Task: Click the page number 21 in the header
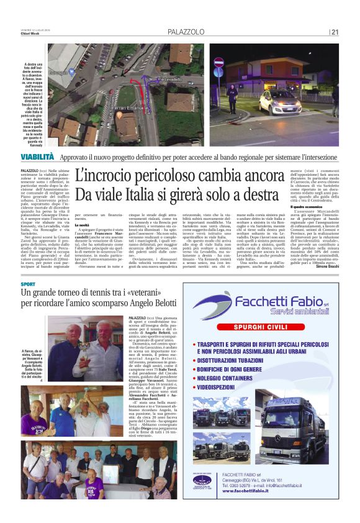point(335,32)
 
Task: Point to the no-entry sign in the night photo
point(218,63)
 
